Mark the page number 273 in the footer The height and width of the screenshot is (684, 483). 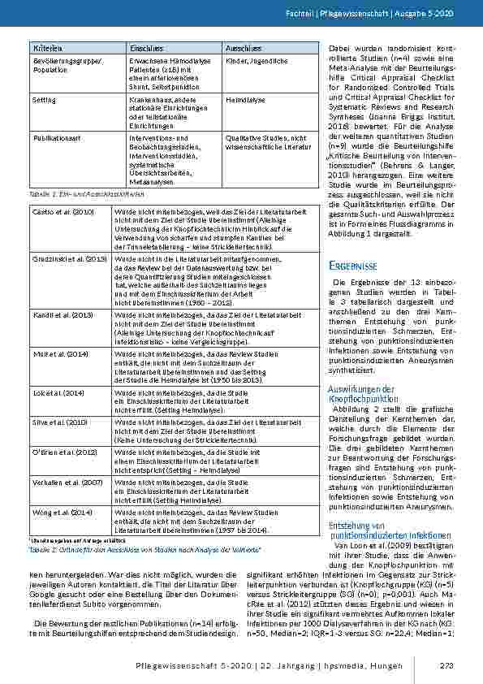pyautogui.click(x=445, y=667)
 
